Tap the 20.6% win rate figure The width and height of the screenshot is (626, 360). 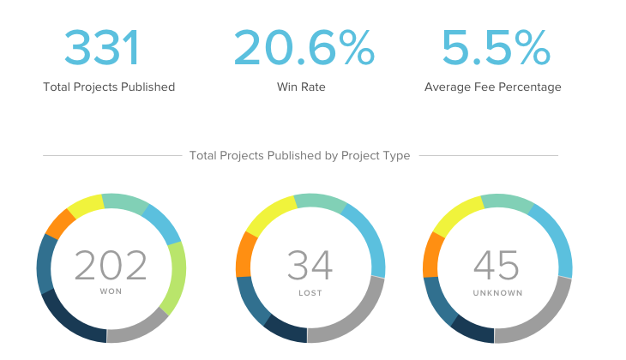pyautogui.click(x=304, y=48)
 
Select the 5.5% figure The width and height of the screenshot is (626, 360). pyautogui.click(x=495, y=48)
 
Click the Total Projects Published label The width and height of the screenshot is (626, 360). pyautogui.click(x=109, y=87)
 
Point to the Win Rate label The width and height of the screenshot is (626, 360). pyautogui.click(x=301, y=87)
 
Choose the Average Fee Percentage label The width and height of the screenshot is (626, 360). pyautogui.click(x=493, y=87)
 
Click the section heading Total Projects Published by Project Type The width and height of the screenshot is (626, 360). pyautogui.click(x=299, y=155)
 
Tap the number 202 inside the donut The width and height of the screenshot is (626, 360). pyautogui.click(x=111, y=265)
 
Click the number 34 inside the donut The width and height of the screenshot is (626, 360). pyautogui.click(x=309, y=265)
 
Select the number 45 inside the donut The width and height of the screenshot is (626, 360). pyautogui.click(x=497, y=265)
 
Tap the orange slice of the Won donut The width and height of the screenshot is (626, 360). pyautogui.click(x=60, y=224)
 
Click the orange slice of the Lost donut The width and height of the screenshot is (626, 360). pyautogui.click(x=245, y=254)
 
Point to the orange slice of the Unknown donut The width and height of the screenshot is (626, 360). pyautogui.click(x=433, y=254)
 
